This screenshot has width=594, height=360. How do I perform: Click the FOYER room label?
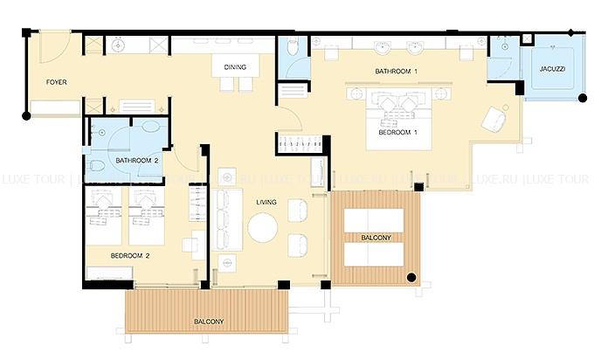tap(57, 82)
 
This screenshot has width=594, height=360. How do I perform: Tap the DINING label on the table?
tap(235, 67)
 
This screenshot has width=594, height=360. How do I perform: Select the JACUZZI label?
tap(552, 69)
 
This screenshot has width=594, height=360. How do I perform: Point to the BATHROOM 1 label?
tap(396, 72)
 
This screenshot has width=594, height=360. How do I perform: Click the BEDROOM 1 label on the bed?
tap(397, 132)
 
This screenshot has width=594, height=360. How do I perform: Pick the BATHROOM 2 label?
tap(137, 161)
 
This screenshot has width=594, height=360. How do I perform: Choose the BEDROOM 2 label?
tap(130, 256)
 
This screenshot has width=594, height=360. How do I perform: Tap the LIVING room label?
tap(266, 203)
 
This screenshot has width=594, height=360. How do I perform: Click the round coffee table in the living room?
tap(263, 228)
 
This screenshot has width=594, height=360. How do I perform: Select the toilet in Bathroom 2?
tap(97, 166)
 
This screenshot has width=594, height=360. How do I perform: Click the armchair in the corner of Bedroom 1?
tap(494, 118)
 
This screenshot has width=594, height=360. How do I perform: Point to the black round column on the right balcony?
tap(411, 278)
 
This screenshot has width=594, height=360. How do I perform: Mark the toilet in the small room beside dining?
tap(293, 46)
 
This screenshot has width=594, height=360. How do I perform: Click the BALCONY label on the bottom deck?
tap(209, 322)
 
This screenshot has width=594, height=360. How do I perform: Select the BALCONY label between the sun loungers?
tap(376, 238)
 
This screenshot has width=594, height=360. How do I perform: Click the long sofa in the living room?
tap(226, 219)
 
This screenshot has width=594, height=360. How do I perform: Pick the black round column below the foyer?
tap(26, 115)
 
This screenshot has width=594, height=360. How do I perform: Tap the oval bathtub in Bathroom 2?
tap(150, 126)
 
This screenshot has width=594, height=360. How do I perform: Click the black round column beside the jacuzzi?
tap(583, 98)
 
